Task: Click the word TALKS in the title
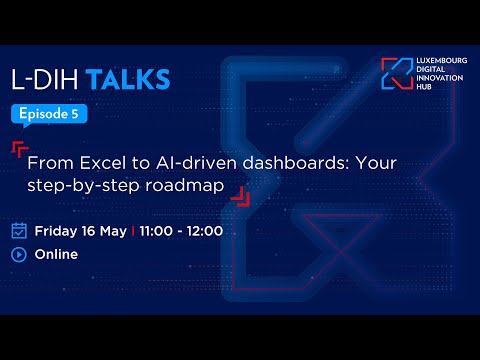127,79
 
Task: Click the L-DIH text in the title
46,79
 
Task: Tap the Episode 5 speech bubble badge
49,114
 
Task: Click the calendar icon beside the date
19,230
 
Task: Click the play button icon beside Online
19,254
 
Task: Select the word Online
56,254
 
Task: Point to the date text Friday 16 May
80,231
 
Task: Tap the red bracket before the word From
19,150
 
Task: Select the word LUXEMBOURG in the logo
437,62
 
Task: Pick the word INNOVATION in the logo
437,80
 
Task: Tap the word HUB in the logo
421,89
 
